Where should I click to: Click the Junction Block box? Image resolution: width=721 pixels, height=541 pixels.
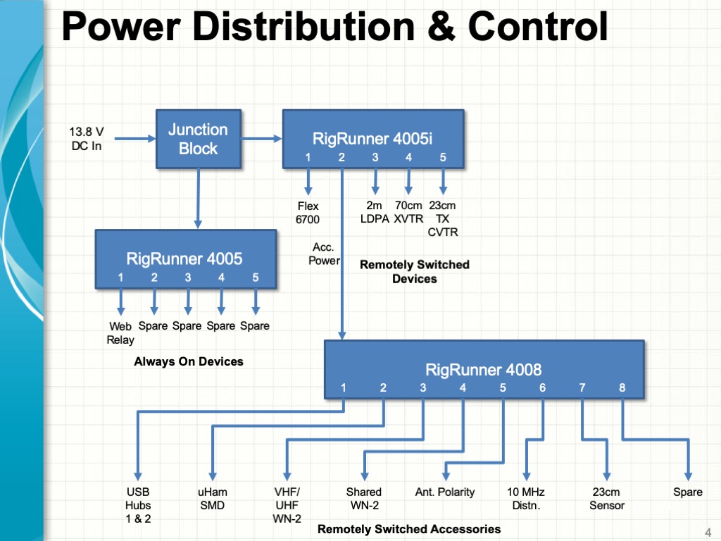[x=198, y=139]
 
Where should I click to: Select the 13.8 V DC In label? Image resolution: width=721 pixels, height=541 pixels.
[x=87, y=139]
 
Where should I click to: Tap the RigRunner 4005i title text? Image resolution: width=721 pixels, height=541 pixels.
[x=372, y=139]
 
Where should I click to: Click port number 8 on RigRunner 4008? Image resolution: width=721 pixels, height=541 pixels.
[x=622, y=388]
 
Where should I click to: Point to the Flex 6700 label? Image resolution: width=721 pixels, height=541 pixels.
[x=308, y=213]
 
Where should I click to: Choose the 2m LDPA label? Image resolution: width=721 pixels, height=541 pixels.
[x=375, y=212]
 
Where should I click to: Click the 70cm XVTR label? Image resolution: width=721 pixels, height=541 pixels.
[x=408, y=212]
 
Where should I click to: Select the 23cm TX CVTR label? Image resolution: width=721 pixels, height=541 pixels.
[x=443, y=218]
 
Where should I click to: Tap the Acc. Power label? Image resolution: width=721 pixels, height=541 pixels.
[x=324, y=254]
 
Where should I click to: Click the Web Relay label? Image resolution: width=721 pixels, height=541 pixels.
[x=120, y=333]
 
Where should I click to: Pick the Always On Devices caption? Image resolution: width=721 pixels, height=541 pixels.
[x=189, y=361]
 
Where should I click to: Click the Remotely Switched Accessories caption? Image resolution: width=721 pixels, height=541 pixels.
[x=409, y=529]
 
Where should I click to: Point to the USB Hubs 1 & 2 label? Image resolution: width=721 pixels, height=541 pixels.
[x=138, y=505]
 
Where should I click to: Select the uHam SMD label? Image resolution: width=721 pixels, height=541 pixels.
[x=213, y=499]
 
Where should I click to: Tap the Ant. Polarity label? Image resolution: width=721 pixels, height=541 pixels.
[x=445, y=492]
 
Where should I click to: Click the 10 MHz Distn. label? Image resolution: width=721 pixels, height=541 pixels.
[x=526, y=499]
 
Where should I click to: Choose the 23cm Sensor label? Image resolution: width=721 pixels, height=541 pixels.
[x=607, y=499]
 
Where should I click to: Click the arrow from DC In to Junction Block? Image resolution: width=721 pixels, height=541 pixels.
[x=135, y=139]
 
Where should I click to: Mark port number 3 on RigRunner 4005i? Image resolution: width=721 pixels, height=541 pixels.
[x=375, y=157]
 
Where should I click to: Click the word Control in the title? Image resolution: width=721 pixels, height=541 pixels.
[x=538, y=26]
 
